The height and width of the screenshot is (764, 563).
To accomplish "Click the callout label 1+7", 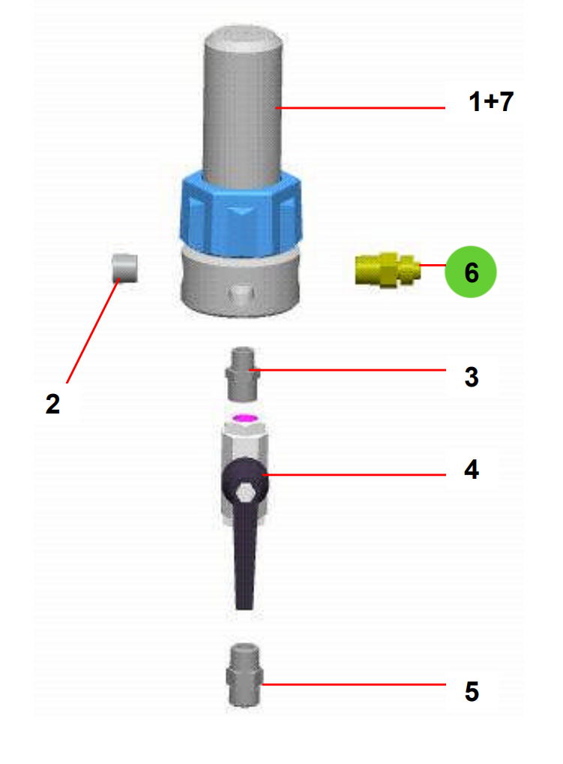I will (491, 102).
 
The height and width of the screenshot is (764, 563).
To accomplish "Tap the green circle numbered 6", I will (471, 272).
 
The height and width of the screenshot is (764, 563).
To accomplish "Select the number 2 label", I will (52, 404).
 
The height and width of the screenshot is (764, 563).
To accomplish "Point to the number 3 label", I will (471, 377).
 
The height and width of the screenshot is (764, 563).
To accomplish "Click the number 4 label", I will (471, 471).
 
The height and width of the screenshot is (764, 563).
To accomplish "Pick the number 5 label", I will (471, 691).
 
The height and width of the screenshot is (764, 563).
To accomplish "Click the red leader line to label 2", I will (94, 330).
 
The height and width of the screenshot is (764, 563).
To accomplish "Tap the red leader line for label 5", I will (352, 684).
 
